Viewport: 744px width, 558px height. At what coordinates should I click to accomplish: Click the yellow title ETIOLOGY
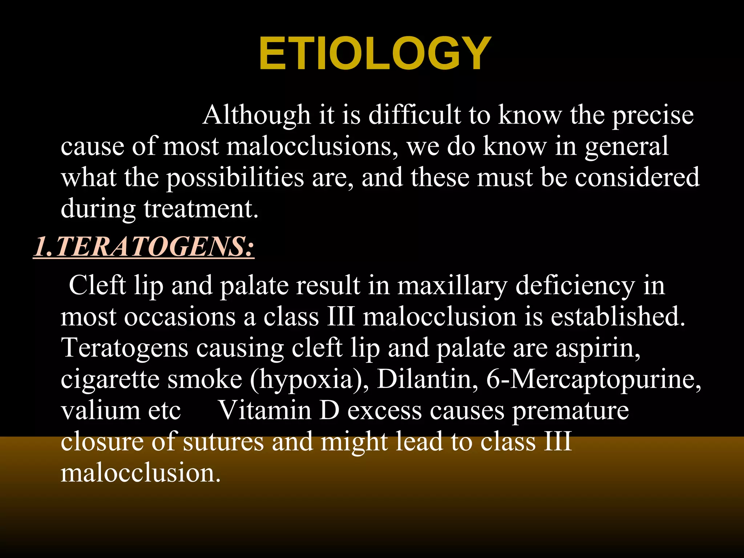[x=375, y=54]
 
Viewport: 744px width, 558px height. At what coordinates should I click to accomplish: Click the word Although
[x=256, y=115]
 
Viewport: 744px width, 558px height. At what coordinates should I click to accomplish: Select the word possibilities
[x=235, y=178]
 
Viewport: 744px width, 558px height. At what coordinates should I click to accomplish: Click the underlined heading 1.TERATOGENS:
[x=144, y=247]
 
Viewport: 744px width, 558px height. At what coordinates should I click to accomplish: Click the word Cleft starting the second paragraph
[x=97, y=285]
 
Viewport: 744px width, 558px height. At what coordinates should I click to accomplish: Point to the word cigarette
[x=110, y=379]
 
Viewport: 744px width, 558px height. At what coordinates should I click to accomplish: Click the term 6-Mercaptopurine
[x=593, y=379]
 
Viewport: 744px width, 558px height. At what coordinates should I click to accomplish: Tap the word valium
[x=100, y=411]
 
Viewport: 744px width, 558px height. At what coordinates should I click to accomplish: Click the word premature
[x=570, y=411]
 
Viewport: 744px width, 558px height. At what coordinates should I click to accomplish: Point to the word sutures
[x=223, y=442]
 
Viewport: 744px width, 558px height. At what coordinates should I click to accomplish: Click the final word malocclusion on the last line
[x=140, y=473]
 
